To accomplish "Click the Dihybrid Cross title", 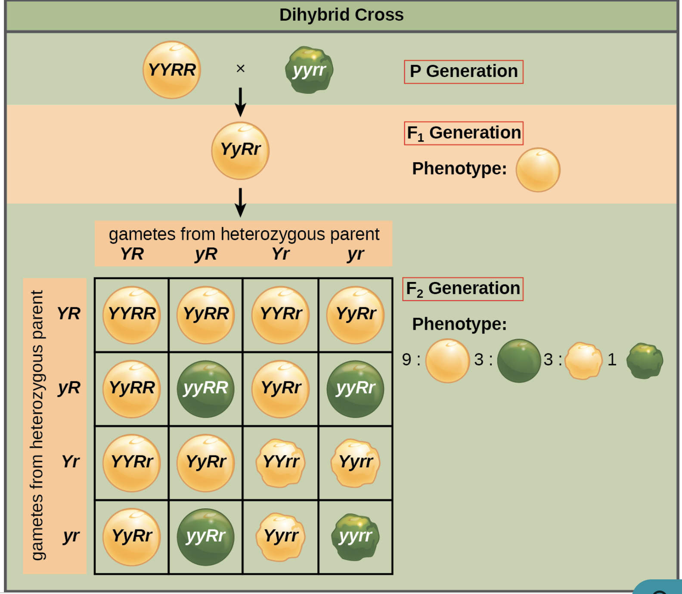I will [x=341, y=15].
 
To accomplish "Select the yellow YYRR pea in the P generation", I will [x=172, y=70].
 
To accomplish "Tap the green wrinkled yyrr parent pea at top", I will [x=309, y=70].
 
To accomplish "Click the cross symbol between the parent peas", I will [x=241, y=68].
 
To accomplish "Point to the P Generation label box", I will [x=463, y=72].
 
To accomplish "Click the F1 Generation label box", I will [x=463, y=133].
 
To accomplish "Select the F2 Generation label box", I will [x=462, y=289].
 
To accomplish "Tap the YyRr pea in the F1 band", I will [x=240, y=150].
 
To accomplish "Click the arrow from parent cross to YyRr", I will [x=240, y=102].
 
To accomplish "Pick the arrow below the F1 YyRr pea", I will [x=240, y=202].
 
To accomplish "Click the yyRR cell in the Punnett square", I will [x=205, y=389].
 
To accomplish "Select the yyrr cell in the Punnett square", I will [x=355, y=537].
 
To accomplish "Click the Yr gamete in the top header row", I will [x=281, y=254].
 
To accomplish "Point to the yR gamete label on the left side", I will [x=69, y=388].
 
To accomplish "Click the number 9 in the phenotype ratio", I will [x=406, y=359].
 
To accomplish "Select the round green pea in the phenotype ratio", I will [x=519, y=361].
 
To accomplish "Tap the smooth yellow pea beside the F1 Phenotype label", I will [x=538, y=170].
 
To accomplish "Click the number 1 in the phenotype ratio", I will [x=612, y=359].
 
